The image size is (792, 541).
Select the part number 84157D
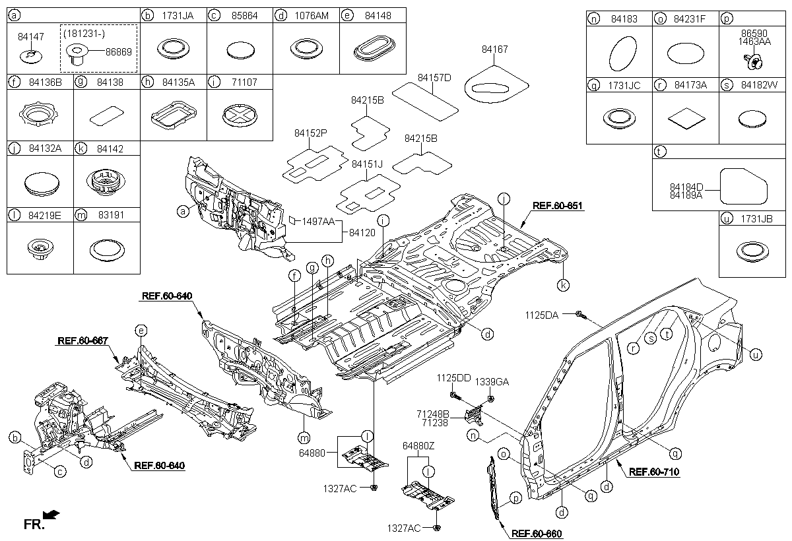(434, 78)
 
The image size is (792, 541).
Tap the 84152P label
(311, 133)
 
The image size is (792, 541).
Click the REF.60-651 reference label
(558, 206)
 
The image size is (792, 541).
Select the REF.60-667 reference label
(82, 341)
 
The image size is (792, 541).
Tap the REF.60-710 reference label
(654, 472)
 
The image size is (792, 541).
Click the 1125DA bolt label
(542, 315)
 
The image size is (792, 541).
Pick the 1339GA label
(492, 382)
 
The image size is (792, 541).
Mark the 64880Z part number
(418, 447)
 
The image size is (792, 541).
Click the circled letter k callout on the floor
(563, 285)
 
